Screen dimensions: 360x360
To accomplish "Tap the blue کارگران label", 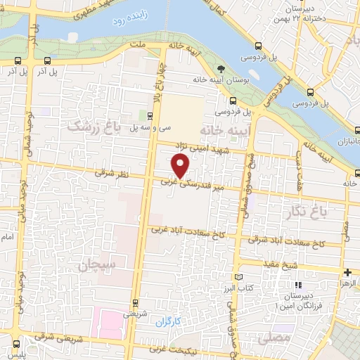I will point(169,321).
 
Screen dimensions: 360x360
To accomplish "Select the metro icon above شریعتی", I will point(136,304).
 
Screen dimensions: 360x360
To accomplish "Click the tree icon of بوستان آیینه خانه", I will point(221,69).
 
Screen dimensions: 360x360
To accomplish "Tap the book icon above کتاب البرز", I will point(243,278).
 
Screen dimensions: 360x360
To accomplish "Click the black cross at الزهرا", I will point(348,272).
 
